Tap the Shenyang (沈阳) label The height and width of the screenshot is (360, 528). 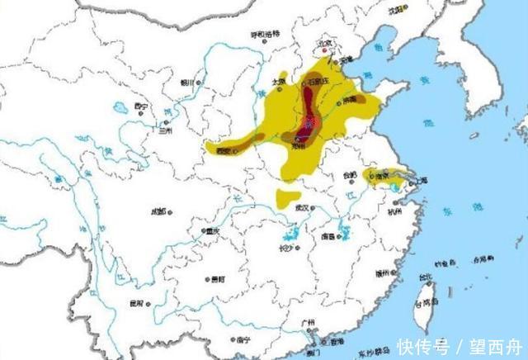(398, 11)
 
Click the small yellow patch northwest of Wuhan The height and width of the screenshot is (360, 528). (288, 198)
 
